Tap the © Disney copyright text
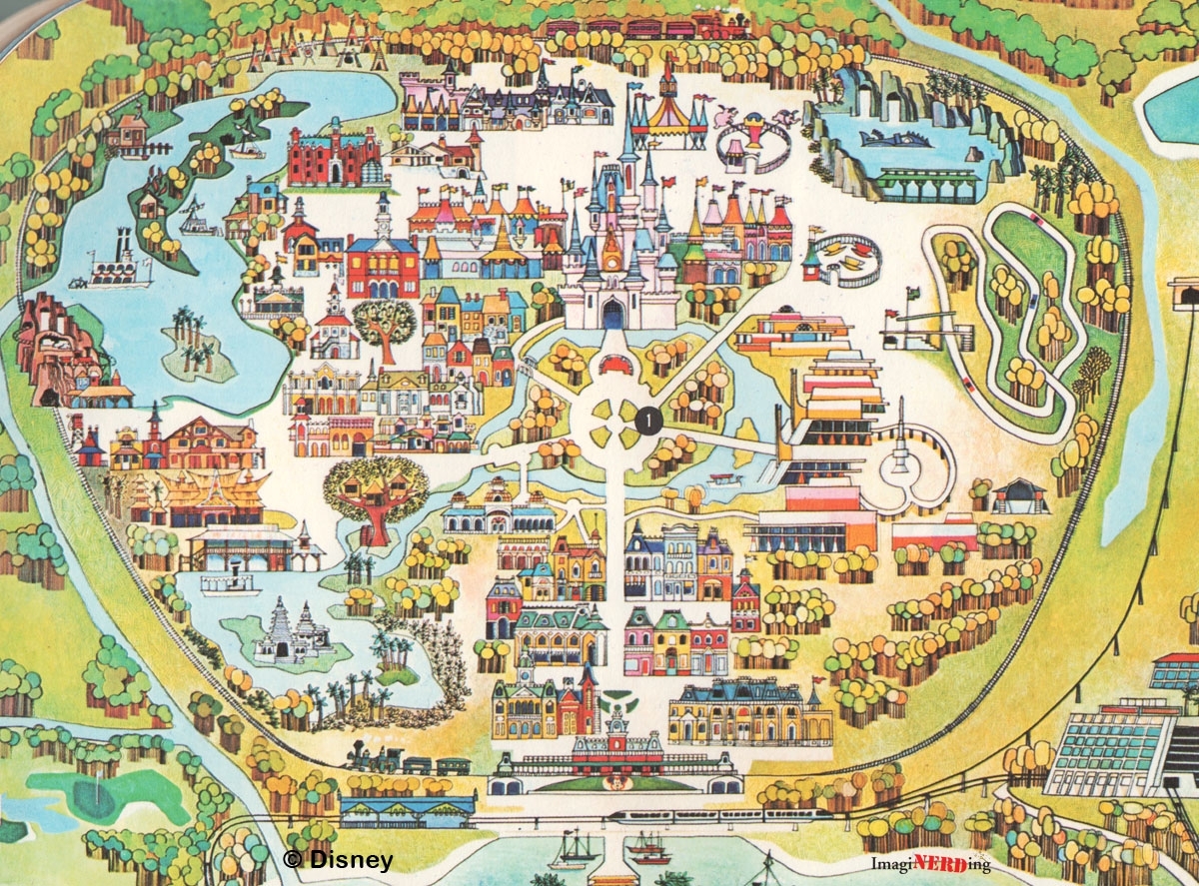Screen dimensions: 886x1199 (338, 859)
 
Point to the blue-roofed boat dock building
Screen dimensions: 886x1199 (407, 809)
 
